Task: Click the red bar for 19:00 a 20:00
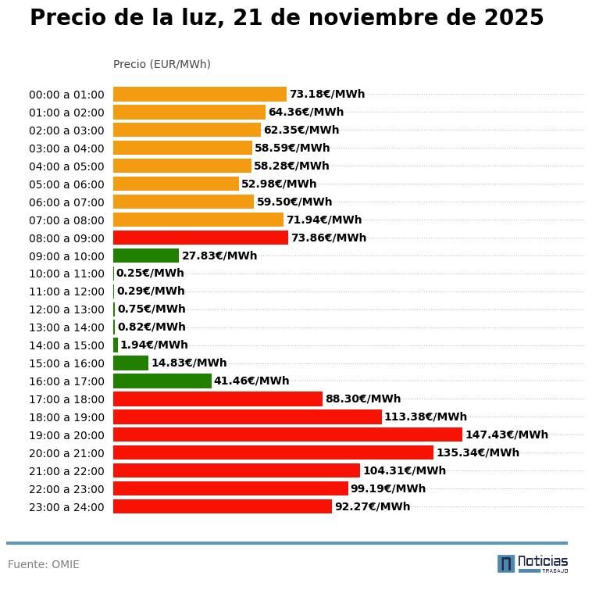tap(287, 434)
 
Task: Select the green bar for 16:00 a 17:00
tap(162, 381)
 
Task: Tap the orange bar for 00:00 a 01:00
tap(200, 94)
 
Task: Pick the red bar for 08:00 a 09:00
tap(201, 238)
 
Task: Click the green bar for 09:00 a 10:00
tap(146, 256)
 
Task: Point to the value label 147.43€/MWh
tap(506, 434)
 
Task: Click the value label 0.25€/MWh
tap(150, 274)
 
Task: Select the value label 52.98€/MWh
tap(279, 184)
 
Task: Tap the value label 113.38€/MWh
tap(425, 417)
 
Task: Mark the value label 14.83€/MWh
tap(189, 363)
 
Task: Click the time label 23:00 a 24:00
tap(66, 507)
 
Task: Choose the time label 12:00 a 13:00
tap(66, 309)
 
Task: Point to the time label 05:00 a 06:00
tap(66, 184)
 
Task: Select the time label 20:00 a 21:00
tap(66, 453)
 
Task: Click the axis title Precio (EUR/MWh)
tap(162, 64)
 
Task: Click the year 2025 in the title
tap(513, 18)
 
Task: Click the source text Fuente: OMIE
tap(44, 564)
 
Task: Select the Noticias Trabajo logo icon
tap(505, 563)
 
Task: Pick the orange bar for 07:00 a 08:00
tap(198, 220)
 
